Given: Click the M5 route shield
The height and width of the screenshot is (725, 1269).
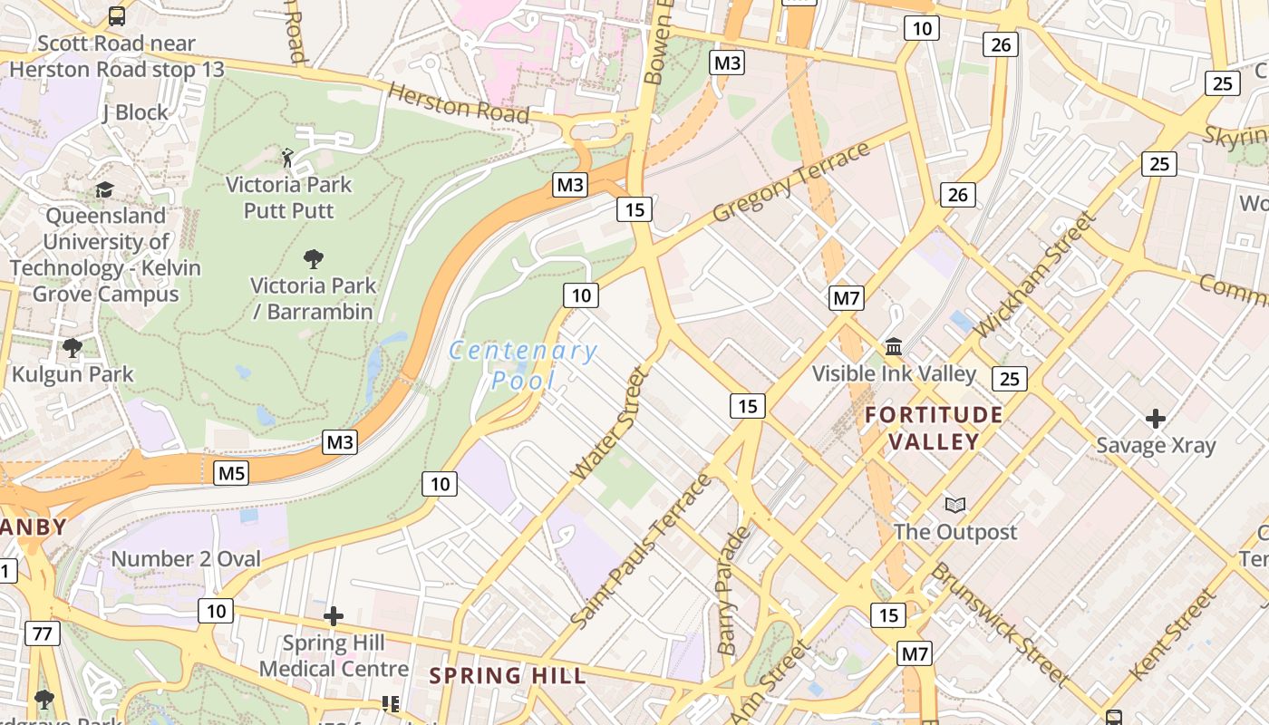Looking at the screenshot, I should tap(231, 473).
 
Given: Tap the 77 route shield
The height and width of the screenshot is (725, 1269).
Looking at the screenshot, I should tap(43, 633).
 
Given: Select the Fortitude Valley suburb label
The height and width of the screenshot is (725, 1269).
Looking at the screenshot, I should tap(934, 429).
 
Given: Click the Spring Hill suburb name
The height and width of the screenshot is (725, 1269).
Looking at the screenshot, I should tap(508, 675).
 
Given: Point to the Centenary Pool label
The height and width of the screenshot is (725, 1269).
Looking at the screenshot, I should tap(523, 364).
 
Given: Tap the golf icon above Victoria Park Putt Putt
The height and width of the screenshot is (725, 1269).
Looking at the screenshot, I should tap(288, 159).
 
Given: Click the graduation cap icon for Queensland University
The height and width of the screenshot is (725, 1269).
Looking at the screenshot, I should tap(105, 190).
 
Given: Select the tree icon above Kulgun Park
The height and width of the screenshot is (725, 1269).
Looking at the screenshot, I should tap(73, 348).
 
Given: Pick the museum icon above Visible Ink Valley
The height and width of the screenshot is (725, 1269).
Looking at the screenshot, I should tap(894, 347).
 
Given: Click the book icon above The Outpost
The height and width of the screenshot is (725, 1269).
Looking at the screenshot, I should tap(955, 505).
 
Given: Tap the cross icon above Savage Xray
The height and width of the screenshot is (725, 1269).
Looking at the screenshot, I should tap(1155, 419).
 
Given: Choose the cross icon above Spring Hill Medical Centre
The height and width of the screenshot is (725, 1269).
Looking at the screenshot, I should tap(334, 617).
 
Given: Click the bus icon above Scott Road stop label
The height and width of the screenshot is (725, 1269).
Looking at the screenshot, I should tap(117, 15).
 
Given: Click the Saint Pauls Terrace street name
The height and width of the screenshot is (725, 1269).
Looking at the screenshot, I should tap(642, 550).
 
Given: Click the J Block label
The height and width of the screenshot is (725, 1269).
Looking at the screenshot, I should tap(135, 112).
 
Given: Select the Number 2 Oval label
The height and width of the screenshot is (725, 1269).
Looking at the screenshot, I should tap(186, 559).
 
